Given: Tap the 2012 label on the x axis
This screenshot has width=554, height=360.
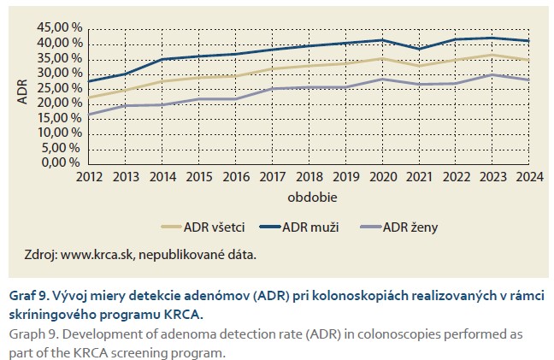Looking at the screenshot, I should (89, 177).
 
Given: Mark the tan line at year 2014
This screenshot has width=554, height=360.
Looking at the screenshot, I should (162, 81).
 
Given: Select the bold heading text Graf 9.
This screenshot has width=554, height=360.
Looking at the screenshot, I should (32, 295).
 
